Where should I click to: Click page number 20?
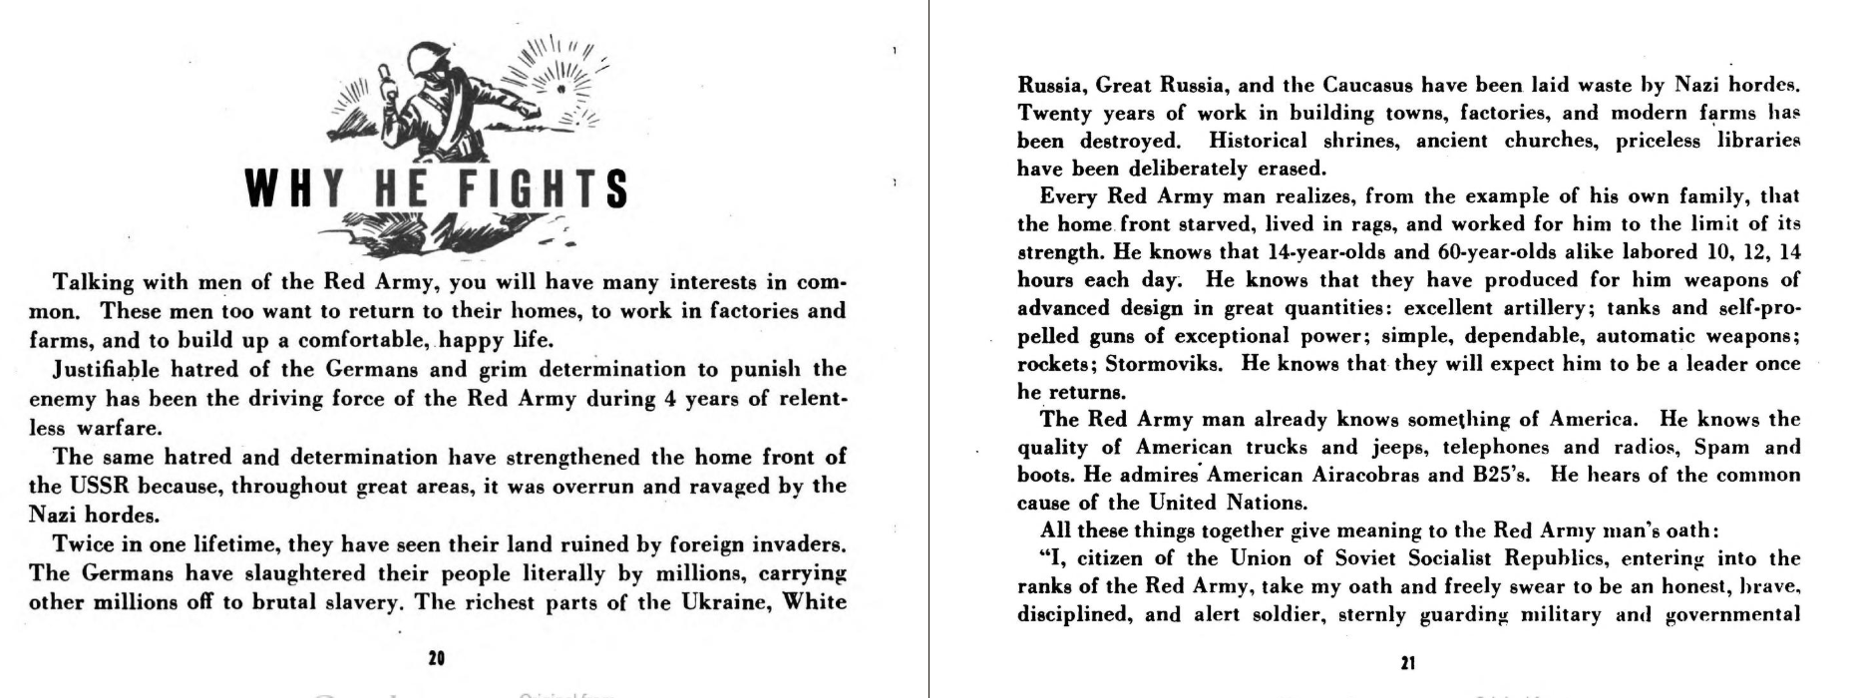point(436,658)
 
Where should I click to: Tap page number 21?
point(1408,663)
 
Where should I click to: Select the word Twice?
point(83,544)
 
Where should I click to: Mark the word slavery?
point(355,601)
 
